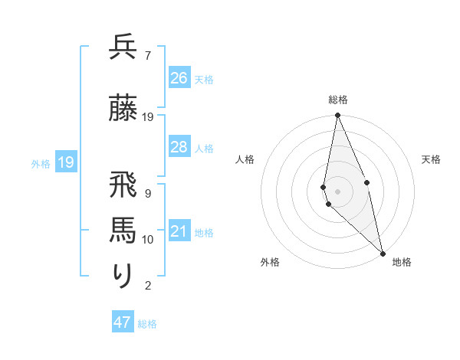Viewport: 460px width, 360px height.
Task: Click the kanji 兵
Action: click(x=123, y=47)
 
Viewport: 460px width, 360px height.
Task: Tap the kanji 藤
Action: click(x=123, y=109)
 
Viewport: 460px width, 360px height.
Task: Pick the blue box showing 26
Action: click(x=179, y=78)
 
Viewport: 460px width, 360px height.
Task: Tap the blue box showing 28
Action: click(x=179, y=147)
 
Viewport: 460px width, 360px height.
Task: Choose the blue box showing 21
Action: click(x=179, y=231)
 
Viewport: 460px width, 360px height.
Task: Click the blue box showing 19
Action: click(x=66, y=162)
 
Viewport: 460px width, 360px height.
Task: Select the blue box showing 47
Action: click(x=123, y=322)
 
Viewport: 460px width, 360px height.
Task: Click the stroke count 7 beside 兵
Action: click(x=147, y=56)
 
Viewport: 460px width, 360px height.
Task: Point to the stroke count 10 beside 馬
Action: click(x=148, y=240)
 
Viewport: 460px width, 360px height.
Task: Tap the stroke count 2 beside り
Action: click(x=147, y=286)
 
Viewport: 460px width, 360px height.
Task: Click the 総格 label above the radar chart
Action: click(x=338, y=100)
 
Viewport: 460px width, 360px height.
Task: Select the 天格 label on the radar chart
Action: click(x=431, y=159)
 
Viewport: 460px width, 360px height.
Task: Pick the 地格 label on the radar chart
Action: click(x=402, y=262)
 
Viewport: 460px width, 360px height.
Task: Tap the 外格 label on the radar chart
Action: click(x=270, y=262)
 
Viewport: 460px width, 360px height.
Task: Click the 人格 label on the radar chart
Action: click(x=245, y=159)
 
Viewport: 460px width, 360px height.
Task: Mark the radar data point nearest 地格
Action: click(x=383, y=253)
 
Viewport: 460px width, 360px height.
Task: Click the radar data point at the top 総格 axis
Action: click(x=337, y=116)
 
